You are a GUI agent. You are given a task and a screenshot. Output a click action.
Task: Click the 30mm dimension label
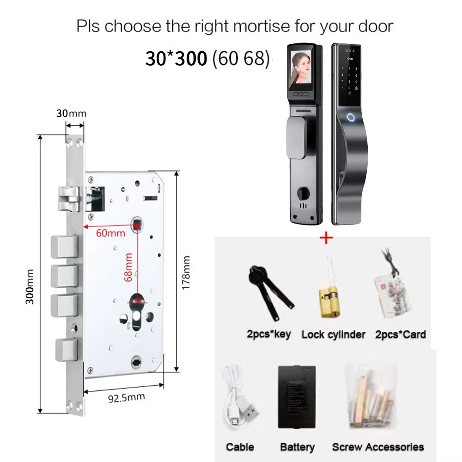pos(71,114)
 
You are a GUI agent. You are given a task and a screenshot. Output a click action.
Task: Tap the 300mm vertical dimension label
pos(30,287)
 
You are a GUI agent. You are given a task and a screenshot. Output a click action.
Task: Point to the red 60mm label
pos(110,233)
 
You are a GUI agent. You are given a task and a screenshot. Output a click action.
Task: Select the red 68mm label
pos(128,267)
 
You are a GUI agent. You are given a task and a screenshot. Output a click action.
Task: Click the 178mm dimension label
pos(186,273)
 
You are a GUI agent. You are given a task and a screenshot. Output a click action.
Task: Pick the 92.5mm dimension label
pos(127,398)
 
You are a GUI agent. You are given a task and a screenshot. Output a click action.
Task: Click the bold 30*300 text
pos(176,58)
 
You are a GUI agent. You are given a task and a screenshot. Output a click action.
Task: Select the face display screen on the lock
pos(301,67)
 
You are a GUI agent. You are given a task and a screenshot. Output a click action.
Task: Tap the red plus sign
pos(326,237)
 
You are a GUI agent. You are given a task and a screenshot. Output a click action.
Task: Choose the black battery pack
pos(297,396)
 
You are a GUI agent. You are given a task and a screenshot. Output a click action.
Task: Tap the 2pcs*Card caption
pos(401,334)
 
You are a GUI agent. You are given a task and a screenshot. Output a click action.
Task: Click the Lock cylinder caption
pos(333,334)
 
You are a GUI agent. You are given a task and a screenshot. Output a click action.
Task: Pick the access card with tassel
pos(392,290)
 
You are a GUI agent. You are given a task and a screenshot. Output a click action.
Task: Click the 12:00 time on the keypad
pos(349,59)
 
